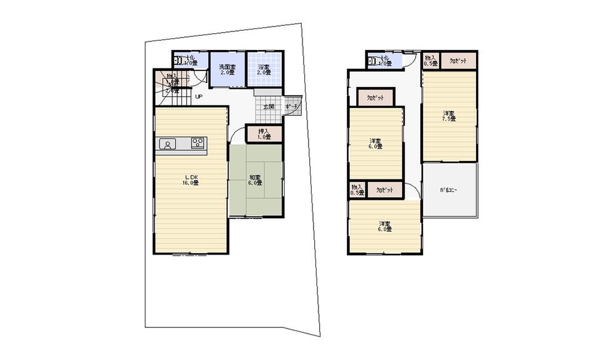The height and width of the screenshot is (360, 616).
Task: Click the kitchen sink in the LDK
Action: point(166,144)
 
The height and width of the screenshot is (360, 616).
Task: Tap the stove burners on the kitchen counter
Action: point(198,144)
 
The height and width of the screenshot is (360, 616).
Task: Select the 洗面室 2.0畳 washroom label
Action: point(225,68)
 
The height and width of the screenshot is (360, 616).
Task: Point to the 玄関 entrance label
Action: point(269,107)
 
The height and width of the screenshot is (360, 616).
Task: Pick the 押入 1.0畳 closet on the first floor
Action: point(264,134)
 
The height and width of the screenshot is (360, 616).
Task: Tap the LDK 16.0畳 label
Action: point(189,180)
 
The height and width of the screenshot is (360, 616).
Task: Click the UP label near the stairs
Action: point(198,97)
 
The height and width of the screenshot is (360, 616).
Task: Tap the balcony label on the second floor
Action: point(449,190)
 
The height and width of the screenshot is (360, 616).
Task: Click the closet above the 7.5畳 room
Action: point(458,61)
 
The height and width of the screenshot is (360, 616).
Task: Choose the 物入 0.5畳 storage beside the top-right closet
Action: point(430,60)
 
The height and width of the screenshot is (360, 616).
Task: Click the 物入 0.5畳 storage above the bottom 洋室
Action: point(357,190)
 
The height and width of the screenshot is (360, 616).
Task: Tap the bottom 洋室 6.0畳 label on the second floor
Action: point(384,226)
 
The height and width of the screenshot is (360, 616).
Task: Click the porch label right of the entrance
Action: point(293,107)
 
